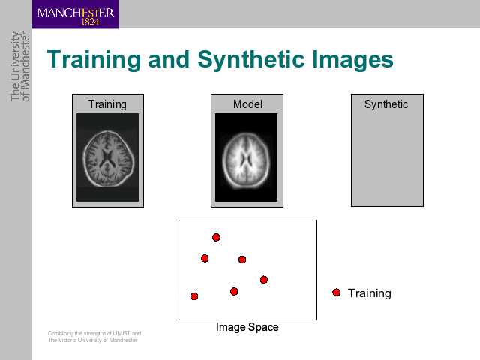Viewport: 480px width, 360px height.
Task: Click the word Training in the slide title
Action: pyautogui.click(x=94, y=60)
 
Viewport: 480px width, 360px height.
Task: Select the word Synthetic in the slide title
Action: pyautogui.click(x=251, y=60)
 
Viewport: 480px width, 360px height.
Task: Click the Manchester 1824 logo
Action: pyautogui.click(x=75, y=14)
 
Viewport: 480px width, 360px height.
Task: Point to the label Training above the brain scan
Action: pyautogui.click(x=107, y=104)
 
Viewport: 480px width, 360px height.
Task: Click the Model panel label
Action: pyautogui.click(x=247, y=104)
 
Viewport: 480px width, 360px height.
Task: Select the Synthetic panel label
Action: pyautogui.click(x=386, y=104)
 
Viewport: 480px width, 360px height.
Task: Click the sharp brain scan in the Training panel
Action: pyautogui.click(x=108, y=157)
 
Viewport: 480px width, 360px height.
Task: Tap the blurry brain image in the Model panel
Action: pyautogui.click(x=247, y=157)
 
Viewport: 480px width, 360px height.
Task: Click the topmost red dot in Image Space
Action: pyautogui.click(x=216, y=237)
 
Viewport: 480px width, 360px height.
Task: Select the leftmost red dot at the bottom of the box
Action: pyautogui.click(x=194, y=296)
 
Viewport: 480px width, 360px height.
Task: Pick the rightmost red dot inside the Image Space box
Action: pyautogui.click(x=264, y=280)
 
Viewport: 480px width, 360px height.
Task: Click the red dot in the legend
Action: pyautogui.click(x=337, y=292)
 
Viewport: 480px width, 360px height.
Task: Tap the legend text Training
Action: pyautogui.click(x=370, y=293)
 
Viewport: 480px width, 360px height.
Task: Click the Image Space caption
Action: pyautogui.click(x=247, y=327)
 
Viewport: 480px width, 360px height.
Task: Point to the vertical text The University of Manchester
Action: pyautogui.click(x=20, y=66)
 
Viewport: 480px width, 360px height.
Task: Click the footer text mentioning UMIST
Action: pyautogui.click(x=94, y=333)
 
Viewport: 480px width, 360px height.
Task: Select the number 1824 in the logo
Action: pyautogui.click(x=90, y=22)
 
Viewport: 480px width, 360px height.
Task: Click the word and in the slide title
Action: pyautogui.click(x=169, y=59)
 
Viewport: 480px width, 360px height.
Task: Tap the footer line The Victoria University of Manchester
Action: pyautogui.click(x=92, y=340)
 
